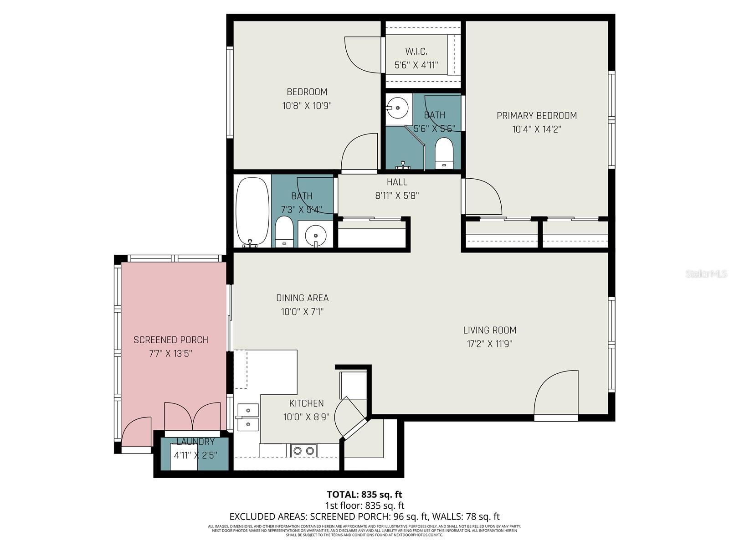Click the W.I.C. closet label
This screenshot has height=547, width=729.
416,52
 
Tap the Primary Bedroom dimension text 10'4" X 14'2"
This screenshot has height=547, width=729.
536,129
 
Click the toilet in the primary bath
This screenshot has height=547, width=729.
444,153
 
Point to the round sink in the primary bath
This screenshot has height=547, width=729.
398,108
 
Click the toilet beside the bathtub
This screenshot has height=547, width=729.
284,232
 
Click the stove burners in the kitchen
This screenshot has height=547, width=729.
304,451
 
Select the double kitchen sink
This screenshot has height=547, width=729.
247,417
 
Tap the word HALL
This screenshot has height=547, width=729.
397,182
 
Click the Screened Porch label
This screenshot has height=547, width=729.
171,340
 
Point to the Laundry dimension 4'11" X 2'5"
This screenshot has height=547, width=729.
195,455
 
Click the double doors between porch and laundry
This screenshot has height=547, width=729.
192,416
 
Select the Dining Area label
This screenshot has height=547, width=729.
302,298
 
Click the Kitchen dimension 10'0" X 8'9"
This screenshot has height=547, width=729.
306,417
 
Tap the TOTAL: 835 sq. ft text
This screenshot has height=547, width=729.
364,495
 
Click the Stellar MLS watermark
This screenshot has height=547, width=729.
706,274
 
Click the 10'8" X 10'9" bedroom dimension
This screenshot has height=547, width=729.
307,106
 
